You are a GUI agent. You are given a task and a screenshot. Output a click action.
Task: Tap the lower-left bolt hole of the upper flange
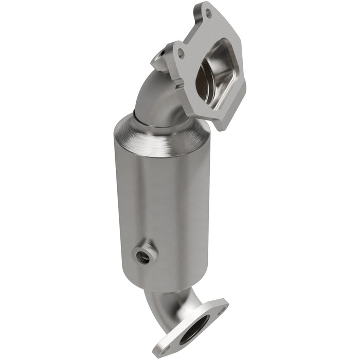[x=181, y=51]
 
